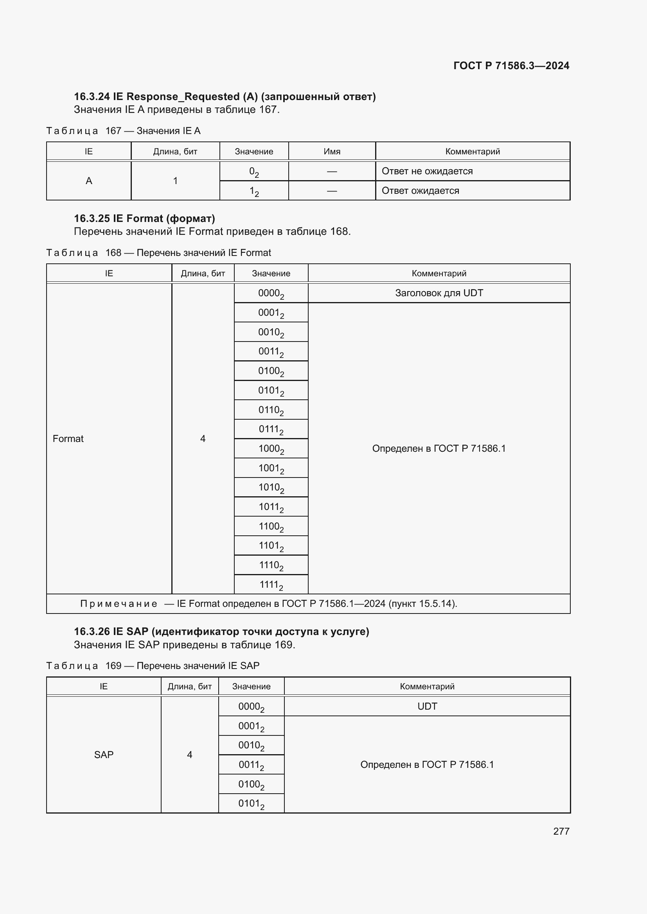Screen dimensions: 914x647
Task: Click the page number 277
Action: tap(561, 831)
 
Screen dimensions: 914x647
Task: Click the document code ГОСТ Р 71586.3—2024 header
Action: tap(511, 66)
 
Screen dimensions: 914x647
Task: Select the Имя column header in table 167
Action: tap(331, 152)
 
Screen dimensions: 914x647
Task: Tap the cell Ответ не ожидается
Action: tap(427, 171)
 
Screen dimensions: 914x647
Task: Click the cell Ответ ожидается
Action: tap(420, 191)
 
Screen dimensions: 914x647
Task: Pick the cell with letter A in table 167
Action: tap(89, 181)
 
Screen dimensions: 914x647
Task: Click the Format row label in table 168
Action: tap(68, 439)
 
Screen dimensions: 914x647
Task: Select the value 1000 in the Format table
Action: tap(271, 449)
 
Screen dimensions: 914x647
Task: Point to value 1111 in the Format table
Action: tap(271, 585)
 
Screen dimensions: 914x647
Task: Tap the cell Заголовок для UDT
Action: tap(439, 293)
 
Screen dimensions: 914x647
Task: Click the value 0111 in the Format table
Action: tap(271, 429)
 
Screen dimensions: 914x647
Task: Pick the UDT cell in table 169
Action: tap(427, 706)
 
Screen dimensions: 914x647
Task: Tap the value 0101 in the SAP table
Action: tap(251, 804)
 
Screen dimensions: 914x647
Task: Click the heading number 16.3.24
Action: tap(92, 97)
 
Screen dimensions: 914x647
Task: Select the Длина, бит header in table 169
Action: tap(189, 686)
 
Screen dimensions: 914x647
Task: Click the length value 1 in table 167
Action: tap(175, 181)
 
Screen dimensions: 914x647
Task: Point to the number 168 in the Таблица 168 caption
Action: tap(113, 253)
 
